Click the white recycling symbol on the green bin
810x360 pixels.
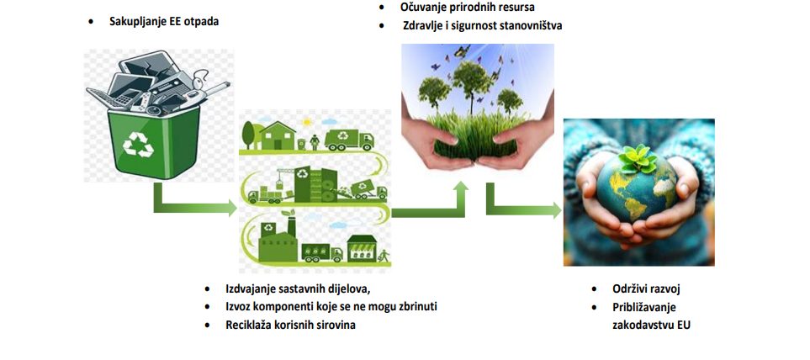click(138, 144)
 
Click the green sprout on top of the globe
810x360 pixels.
click(638, 159)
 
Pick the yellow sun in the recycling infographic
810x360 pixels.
click(307, 123)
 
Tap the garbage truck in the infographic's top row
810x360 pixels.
click(349, 140)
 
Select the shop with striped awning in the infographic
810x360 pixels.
click(361, 248)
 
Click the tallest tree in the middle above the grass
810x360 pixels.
click(469, 82)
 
